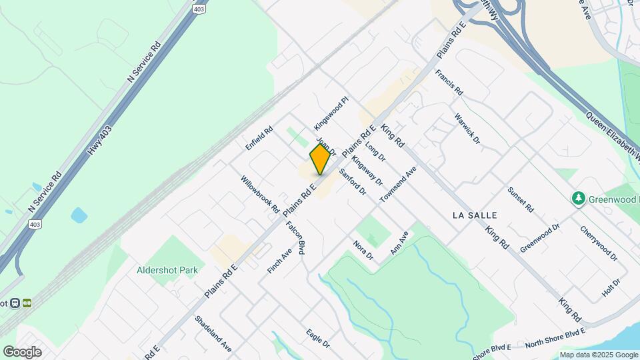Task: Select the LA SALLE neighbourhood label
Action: pyautogui.click(x=475, y=215)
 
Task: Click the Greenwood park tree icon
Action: pyautogui.click(x=578, y=199)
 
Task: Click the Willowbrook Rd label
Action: pyautogui.click(x=260, y=195)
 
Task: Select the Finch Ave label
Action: pyautogui.click(x=279, y=262)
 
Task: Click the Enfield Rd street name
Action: pyautogui.click(x=259, y=138)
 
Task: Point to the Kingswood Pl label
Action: pyautogui.click(x=331, y=114)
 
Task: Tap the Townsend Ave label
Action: pyautogui.click(x=398, y=185)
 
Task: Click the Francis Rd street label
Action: pyautogui.click(x=449, y=82)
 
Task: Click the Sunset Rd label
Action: pyautogui.click(x=521, y=199)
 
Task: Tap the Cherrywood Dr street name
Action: pyautogui.click(x=599, y=243)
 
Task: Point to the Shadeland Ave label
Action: pyautogui.click(x=213, y=333)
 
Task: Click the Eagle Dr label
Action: pyautogui.click(x=318, y=339)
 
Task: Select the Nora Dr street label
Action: pyautogui.click(x=363, y=250)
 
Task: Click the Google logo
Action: pyautogui.click(x=22, y=352)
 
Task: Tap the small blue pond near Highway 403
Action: pyautogui.click(x=79, y=215)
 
